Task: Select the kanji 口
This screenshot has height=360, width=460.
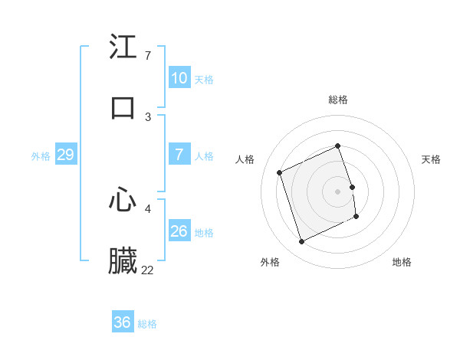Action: click(123, 107)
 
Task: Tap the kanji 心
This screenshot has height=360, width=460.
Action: click(123, 200)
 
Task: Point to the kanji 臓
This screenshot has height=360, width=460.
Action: click(123, 261)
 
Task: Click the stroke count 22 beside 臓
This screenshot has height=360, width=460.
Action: click(147, 270)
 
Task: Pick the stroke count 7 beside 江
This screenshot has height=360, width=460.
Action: click(147, 56)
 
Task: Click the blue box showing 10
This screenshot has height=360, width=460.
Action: click(179, 78)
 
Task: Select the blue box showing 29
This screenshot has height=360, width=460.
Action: click(65, 155)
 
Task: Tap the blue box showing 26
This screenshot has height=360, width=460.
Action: click(179, 231)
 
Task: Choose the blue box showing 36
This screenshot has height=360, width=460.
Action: click(123, 322)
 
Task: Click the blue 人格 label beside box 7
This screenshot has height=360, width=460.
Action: click(204, 155)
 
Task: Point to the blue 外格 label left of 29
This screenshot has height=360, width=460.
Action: click(41, 155)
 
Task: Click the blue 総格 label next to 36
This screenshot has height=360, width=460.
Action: click(147, 323)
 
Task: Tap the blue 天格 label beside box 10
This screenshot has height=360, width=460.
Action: click(204, 79)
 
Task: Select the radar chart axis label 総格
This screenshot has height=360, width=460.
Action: click(338, 100)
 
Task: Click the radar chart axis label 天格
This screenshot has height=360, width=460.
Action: click(432, 159)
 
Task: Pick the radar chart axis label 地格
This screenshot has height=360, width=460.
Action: click(402, 262)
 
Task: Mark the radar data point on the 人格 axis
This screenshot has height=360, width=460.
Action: click(280, 172)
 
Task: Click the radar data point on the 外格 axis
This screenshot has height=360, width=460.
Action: click(301, 242)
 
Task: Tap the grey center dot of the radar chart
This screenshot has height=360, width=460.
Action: click(338, 191)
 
